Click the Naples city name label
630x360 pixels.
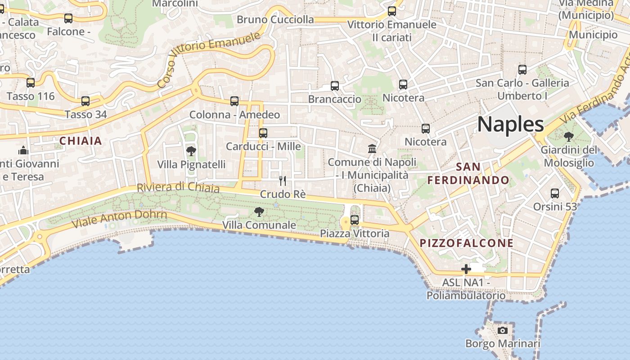(510, 124)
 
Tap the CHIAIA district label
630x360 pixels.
(81, 141)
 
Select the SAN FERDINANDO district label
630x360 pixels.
(468, 174)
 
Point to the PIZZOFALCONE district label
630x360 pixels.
(466, 243)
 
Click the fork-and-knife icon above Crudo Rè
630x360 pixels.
(283, 181)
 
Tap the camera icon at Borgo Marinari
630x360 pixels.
(503, 331)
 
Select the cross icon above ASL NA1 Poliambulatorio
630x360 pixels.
(466, 270)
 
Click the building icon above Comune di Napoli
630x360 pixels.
(372, 148)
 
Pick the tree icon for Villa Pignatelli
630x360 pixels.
(191, 151)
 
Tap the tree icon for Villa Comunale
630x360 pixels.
(259, 211)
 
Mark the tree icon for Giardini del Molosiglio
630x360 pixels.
(569, 136)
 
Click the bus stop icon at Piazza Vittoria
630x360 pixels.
(355, 220)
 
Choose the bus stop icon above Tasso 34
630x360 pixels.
(85, 101)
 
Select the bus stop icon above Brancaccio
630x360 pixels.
(334, 86)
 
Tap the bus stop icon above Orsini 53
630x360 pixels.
(555, 193)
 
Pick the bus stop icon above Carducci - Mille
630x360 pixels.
(263, 133)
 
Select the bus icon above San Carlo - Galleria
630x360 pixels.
(522, 70)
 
